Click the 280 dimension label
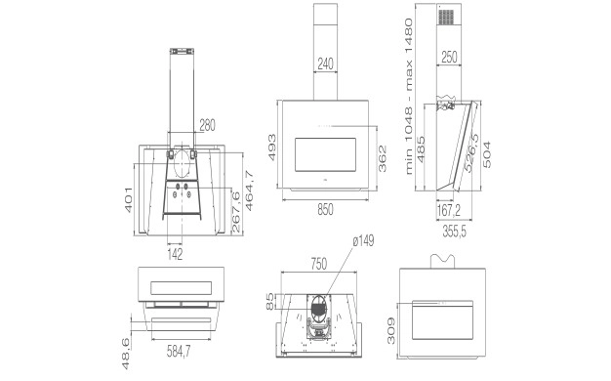pyautogui.click(x=207, y=126)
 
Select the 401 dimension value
pyautogui.click(x=129, y=200)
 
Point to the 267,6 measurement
pyautogui.click(x=236, y=212)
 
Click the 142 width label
pyautogui.click(x=175, y=255)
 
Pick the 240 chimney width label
pyautogui.click(x=325, y=63)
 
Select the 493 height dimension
pyautogui.click(x=271, y=148)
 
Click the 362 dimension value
pyautogui.click(x=383, y=158)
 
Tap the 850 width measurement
pyautogui.click(x=325, y=210)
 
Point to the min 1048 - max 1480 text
pyautogui.click(x=408, y=96)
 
